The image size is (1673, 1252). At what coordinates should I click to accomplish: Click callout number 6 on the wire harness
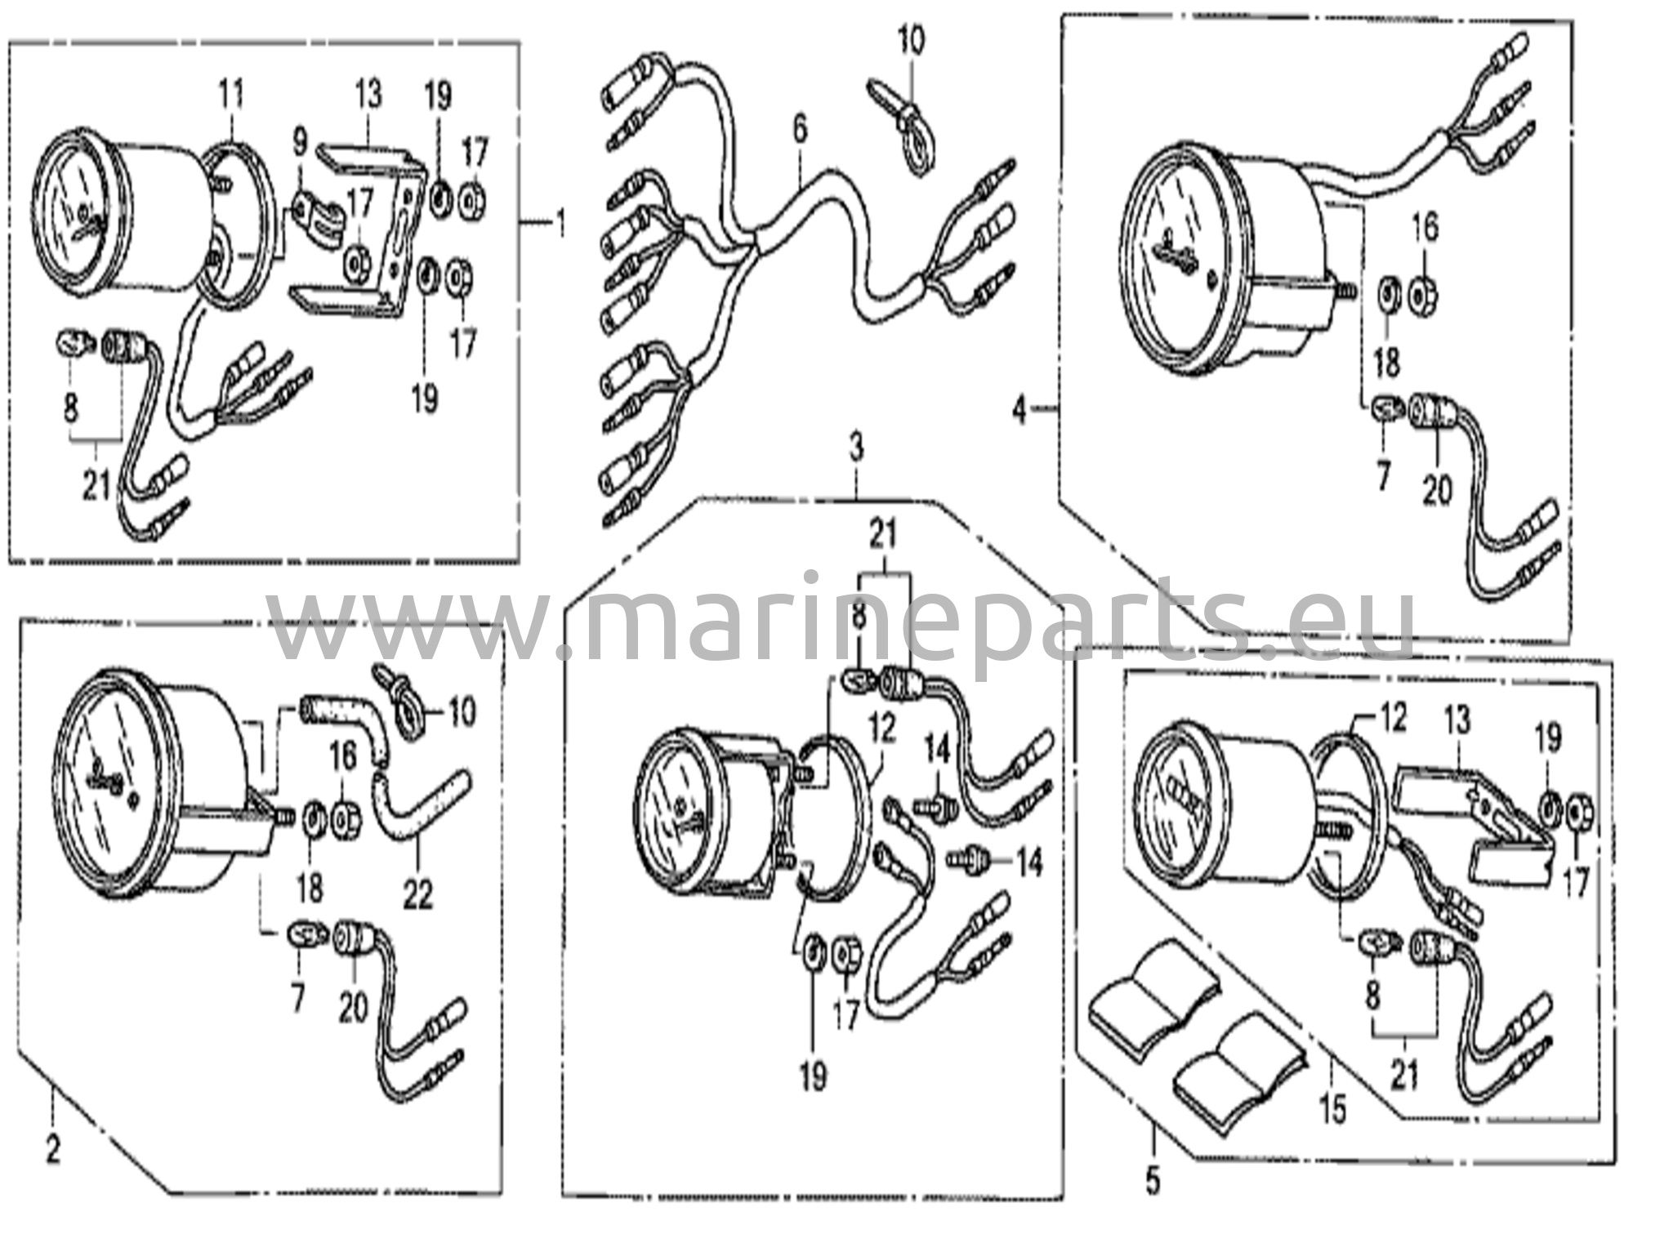[798, 129]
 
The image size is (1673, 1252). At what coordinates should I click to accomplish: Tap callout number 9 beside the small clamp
[300, 145]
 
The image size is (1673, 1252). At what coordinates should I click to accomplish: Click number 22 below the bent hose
[417, 896]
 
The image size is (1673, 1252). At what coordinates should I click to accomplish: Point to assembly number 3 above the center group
[855, 448]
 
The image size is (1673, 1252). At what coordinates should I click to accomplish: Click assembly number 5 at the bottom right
[1152, 1181]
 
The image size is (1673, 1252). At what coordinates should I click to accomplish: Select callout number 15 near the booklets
[1332, 1111]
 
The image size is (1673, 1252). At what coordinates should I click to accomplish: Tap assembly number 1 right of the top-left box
[561, 222]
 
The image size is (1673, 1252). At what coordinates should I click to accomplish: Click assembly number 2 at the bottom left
[53, 1151]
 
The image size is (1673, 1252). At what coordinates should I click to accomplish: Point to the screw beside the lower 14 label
[970, 859]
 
